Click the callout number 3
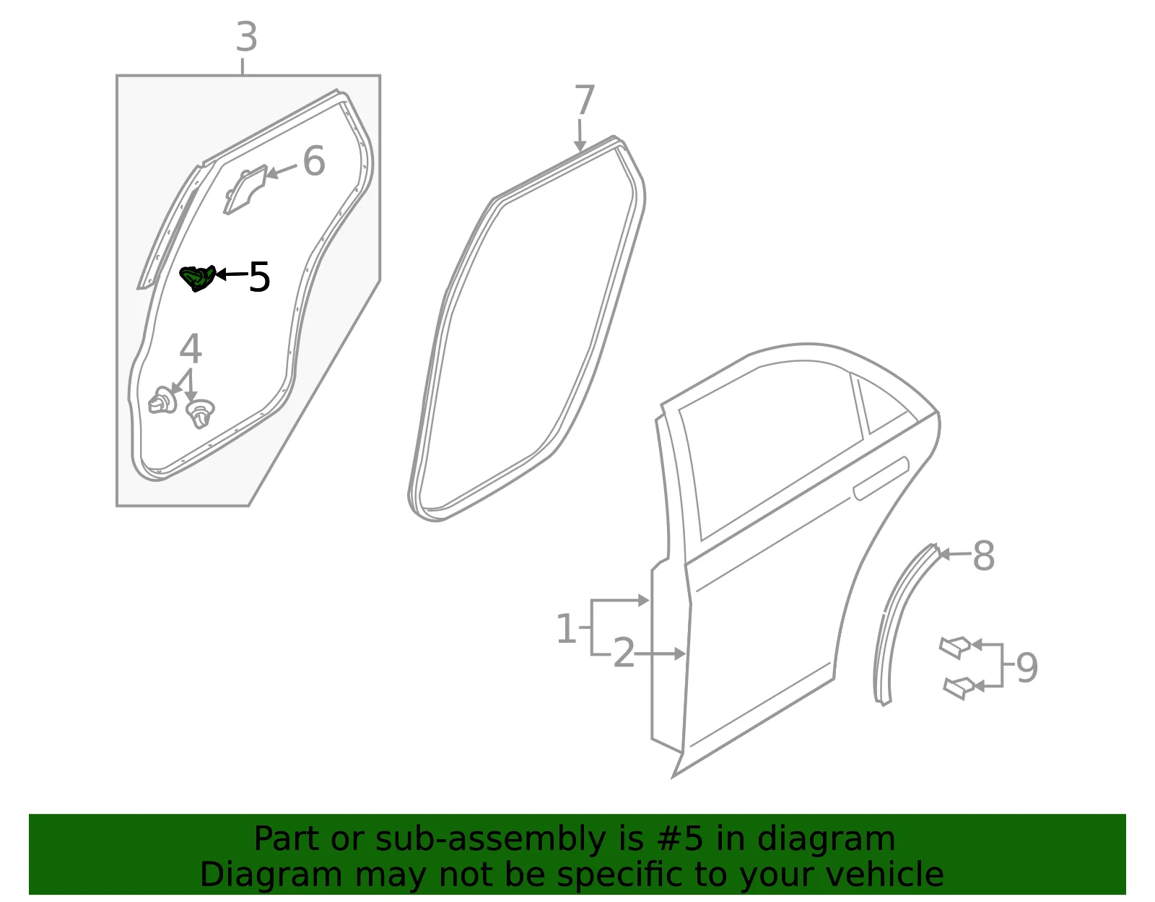tap(247, 38)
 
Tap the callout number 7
tap(584, 100)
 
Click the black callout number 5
tap(259, 277)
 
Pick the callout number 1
tap(566, 628)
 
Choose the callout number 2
tap(624, 653)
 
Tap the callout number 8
tap(983, 555)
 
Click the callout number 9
tap(1027, 667)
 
